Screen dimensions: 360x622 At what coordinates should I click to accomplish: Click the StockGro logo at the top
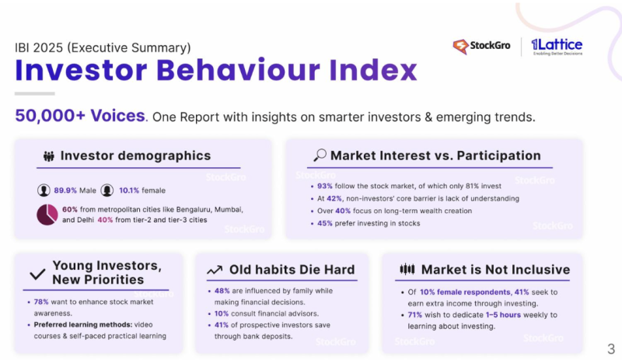tap(481, 47)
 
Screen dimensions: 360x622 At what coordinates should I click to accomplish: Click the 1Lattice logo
tap(557, 47)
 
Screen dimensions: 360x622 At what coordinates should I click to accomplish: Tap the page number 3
tap(610, 348)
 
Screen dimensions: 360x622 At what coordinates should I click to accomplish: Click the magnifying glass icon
tap(319, 156)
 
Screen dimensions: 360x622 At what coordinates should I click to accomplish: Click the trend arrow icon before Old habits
tap(215, 270)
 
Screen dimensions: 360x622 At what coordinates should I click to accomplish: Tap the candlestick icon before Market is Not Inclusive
tap(407, 270)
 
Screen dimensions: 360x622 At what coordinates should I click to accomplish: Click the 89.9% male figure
tap(67, 190)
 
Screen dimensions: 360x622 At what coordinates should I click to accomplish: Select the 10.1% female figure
tap(128, 190)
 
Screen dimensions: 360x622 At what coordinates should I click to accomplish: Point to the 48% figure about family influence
tap(221, 290)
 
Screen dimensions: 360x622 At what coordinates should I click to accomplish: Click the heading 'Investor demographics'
tap(135, 156)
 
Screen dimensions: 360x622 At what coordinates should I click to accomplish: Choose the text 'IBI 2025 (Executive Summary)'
tap(103, 47)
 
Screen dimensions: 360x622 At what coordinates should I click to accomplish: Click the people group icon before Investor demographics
tap(48, 156)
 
